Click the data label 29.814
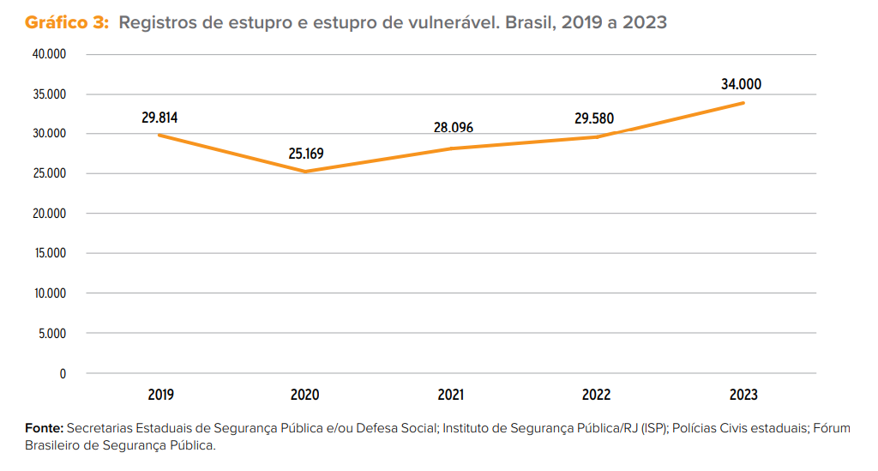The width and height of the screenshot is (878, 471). click(x=160, y=118)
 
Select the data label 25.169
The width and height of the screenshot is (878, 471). click(x=306, y=154)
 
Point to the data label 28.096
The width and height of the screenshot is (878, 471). click(x=453, y=128)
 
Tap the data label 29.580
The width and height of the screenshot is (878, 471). click(x=594, y=118)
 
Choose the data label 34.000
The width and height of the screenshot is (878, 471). click(x=742, y=84)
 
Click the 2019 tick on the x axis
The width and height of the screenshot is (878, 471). click(x=160, y=395)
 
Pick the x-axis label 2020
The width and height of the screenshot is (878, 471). click(x=305, y=395)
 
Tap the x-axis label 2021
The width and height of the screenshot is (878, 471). click(x=451, y=395)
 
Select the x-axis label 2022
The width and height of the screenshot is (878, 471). click(x=597, y=395)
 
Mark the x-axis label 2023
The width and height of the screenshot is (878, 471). click(x=743, y=395)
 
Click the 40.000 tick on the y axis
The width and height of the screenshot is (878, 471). click(x=50, y=54)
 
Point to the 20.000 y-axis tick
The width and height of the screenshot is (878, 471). click(x=50, y=214)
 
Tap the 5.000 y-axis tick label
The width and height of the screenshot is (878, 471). click(x=52, y=334)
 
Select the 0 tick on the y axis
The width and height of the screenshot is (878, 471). click(x=63, y=373)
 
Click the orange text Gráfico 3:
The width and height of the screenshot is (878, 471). click(x=67, y=23)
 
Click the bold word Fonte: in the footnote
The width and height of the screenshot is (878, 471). click(x=44, y=427)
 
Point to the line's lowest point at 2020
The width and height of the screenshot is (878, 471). click(x=305, y=172)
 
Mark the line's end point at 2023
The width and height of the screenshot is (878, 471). click(x=743, y=103)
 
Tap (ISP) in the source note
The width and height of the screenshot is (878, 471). click(x=652, y=427)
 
